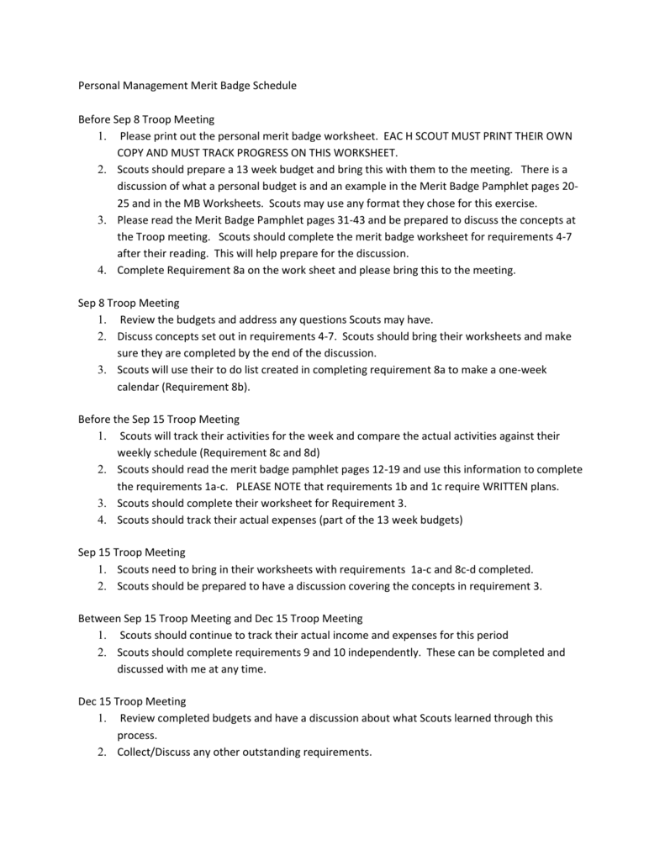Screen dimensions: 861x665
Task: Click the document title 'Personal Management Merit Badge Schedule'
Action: (187, 86)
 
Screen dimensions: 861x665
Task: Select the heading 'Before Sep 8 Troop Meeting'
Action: (145, 119)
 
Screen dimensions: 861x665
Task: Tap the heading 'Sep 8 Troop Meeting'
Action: (129, 303)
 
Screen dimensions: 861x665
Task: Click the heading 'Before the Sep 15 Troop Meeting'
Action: (159, 419)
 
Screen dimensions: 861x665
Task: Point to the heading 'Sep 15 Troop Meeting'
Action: (131, 552)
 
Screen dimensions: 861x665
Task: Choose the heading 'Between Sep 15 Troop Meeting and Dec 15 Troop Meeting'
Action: (220, 619)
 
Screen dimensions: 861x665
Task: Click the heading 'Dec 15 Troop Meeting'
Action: (132, 701)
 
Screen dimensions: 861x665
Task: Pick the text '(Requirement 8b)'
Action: (207, 387)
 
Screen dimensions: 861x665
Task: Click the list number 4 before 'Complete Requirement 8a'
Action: (101, 271)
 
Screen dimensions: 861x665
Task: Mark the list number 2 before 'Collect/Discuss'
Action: (101, 752)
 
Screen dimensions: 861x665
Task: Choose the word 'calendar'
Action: (138, 387)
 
